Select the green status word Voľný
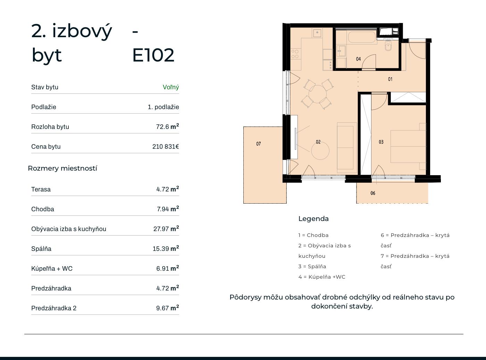[171, 87]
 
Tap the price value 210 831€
[166, 147]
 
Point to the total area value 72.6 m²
[167, 126]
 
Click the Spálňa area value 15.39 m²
[166, 248]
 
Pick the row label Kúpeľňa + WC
[52, 269]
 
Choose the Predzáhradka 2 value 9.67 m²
[167, 308]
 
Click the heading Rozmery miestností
[62, 168]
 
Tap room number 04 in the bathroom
[358, 59]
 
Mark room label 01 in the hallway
[390, 79]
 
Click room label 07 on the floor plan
[259, 144]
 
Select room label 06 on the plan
[373, 193]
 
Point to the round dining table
[318, 94]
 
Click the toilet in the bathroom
[388, 46]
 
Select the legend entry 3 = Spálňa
[312, 267]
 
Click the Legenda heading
[313, 219]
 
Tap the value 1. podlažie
[163, 107]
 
